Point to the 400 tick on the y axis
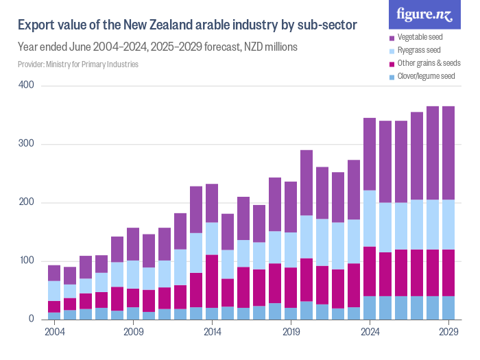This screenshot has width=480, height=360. (x=27, y=86)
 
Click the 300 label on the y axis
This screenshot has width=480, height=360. (x=27, y=144)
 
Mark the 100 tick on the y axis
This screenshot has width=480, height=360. (x=27, y=261)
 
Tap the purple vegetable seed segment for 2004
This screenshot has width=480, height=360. (x=54, y=273)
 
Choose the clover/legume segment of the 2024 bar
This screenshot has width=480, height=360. (x=370, y=307)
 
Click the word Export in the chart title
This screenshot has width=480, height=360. (x=37, y=25)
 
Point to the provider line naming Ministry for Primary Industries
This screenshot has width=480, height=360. (x=78, y=64)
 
